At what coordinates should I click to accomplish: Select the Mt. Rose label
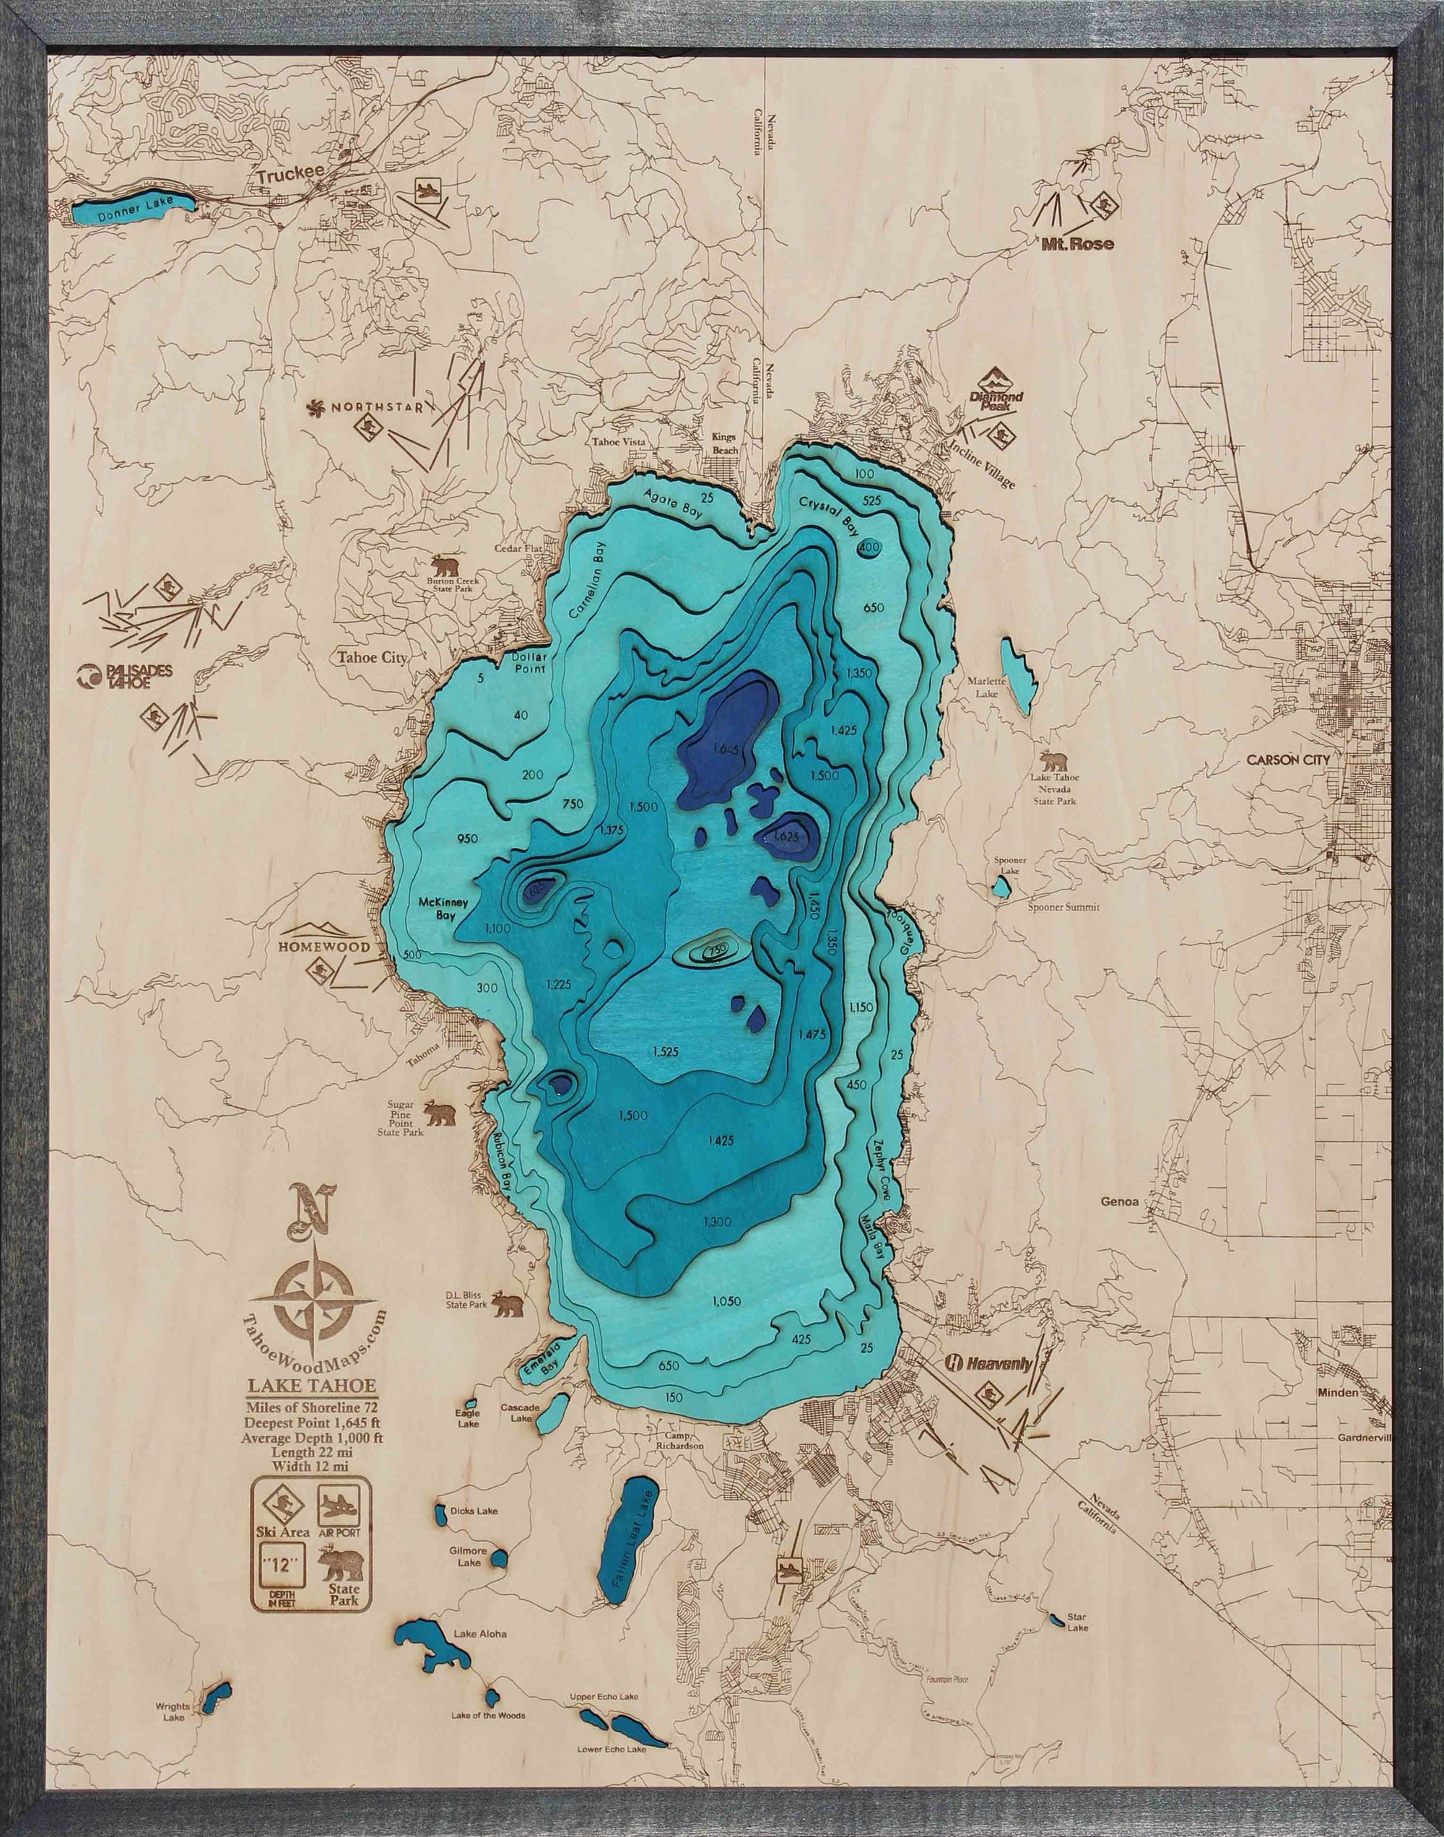[x=1075, y=243]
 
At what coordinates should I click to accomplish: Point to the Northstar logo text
[x=372, y=408]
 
